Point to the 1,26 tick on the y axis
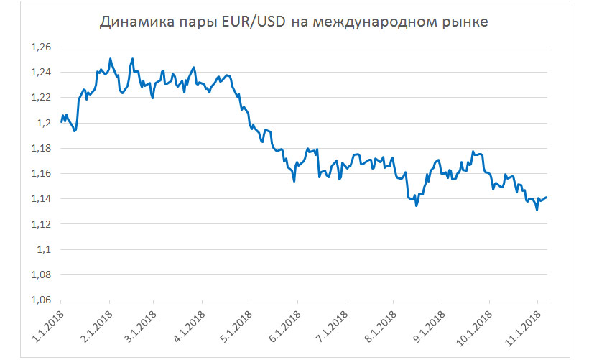tap(42, 47)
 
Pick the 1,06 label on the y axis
tap(42, 300)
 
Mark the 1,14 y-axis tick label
tap(42, 199)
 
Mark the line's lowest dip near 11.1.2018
tap(537, 211)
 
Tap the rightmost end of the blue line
tap(547, 197)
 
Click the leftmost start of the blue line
tap(61, 121)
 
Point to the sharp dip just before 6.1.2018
tap(294, 181)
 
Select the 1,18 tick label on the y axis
tap(42, 149)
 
